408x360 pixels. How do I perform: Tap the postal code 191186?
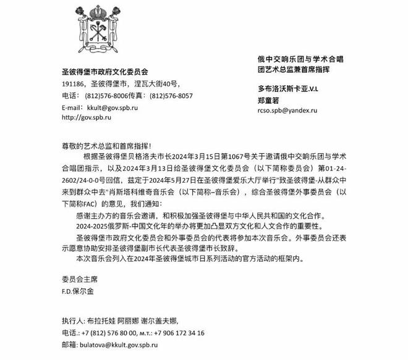point(74,84)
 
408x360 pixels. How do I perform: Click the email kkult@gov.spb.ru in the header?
point(108,107)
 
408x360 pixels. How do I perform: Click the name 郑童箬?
point(268,99)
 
